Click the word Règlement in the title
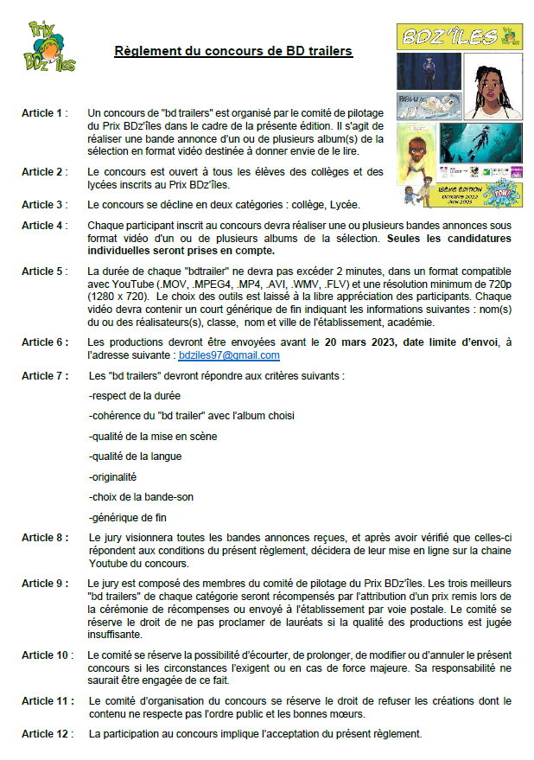coord(141,51)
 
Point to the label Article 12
coord(47,735)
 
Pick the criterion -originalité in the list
coord(112,476)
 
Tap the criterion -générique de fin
coord(127,518)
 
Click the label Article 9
coord(44,584)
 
